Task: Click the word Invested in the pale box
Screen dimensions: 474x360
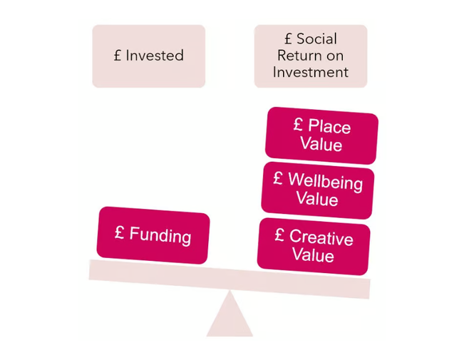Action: [x=155, y=56]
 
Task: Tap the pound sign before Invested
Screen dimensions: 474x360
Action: [x=118, y=56]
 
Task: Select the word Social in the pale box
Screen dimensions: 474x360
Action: [x=316, y=38]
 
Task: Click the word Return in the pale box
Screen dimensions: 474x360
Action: [x=299, y=56]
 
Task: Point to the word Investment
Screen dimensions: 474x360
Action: [x=311, y=72]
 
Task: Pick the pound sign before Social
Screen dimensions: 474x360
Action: [x=289, y=38]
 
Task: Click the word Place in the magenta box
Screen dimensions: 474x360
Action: [x=329, y=126]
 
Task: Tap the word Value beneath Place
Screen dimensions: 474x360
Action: [x=321, y=143]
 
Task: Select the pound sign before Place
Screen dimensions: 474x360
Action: [x=298, y=124]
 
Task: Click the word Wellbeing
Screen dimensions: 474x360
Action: [x=325, y=181]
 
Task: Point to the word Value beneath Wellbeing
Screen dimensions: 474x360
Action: [x=317, y=199]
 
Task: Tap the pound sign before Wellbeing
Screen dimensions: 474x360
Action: [x=278, y=178]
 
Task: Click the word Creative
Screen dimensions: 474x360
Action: [x=321, y=237]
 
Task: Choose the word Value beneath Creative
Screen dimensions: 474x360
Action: [x=313, y=254]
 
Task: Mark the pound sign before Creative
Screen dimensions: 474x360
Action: [x=279, y=235]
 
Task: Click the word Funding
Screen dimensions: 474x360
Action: [x=160, y=235]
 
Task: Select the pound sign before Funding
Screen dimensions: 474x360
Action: [x=120, y=232]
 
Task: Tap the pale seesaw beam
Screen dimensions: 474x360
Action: [x=230, y=279]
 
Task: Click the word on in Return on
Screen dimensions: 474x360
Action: [x=334, y=56]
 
